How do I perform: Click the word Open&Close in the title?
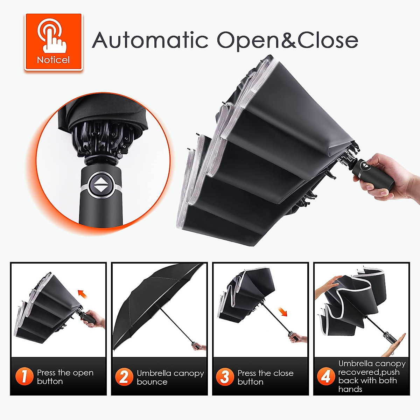(287, 40)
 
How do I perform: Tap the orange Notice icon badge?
(54, 42)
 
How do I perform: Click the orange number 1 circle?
(24, 377)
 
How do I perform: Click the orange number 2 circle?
(124, 377)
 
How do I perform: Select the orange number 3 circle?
(224, 377)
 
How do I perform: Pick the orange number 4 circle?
(325, 376)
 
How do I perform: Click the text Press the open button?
(65, 377)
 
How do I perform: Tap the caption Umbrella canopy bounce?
(170, 377)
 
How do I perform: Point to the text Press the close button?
(265, 377)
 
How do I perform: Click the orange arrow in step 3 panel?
(282, 311)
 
